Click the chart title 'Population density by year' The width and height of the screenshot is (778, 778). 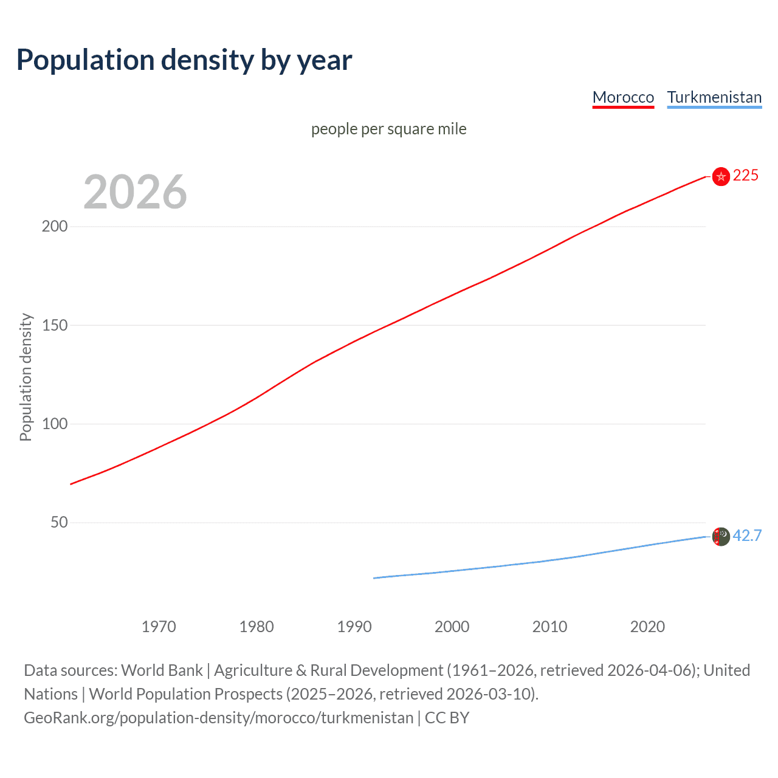point(184,60)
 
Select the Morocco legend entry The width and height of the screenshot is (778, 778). point(623,97)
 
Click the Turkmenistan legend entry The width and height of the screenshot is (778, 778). point(714,97)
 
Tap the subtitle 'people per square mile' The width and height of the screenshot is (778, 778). point(388,129)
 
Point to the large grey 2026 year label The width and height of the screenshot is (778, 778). point(135,192)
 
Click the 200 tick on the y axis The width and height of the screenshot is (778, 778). point(55,226)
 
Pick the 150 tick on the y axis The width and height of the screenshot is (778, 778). point(55,325)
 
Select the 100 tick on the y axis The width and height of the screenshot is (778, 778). point(55,424)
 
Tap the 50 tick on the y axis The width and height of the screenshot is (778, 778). point(59,522)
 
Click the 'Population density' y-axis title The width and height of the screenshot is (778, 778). point(26,377)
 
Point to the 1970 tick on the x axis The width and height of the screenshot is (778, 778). point(159,627)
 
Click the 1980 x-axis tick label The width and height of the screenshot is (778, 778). point(256,627)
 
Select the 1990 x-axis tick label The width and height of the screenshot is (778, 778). point(354,627)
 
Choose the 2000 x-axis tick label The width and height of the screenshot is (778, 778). point(452,627)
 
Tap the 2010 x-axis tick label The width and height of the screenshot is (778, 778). point(550,627)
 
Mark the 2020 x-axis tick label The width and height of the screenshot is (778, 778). point(647,627)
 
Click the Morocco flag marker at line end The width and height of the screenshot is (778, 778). point(721,176)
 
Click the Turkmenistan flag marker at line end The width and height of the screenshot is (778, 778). point(721,537)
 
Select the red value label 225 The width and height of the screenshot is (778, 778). point(746,176)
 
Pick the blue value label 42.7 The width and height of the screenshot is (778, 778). point(747,535)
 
